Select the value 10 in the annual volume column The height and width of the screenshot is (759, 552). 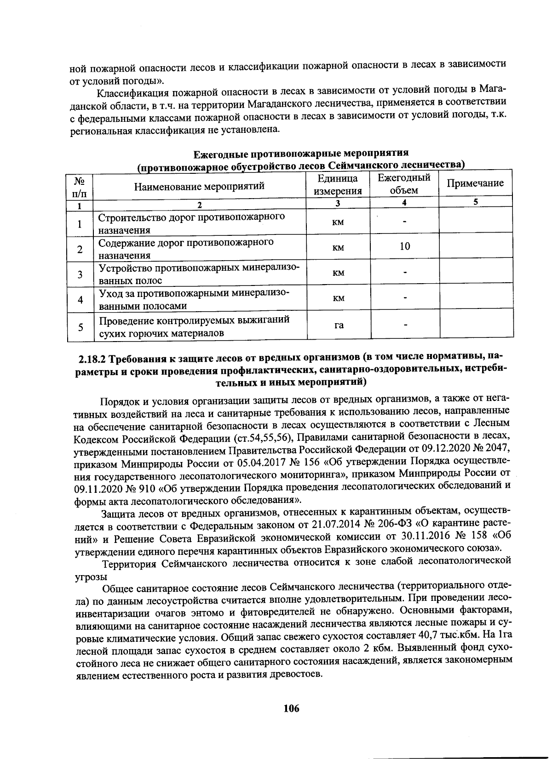coord(405,247)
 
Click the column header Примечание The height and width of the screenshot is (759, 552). coord(476,183)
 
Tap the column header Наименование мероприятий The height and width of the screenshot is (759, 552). coord(200,186)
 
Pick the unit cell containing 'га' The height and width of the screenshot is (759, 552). coord(339,325)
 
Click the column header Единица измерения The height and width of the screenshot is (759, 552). coord(338,185)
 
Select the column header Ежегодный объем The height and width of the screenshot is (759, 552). coord(404,184)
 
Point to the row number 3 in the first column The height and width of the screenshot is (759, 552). coord(80,275)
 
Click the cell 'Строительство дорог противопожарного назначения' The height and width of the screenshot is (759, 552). coord(191,223)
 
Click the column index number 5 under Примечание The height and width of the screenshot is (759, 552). coord(476,202)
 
